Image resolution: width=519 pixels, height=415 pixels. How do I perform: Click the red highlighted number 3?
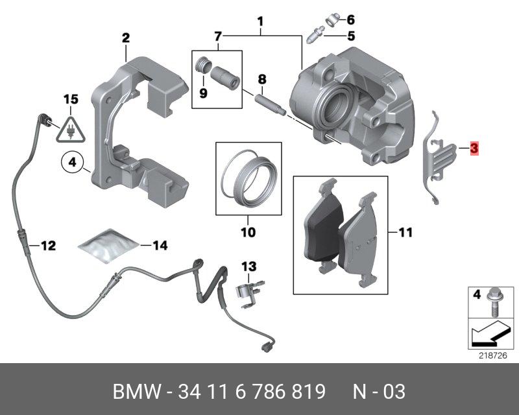(474, 149)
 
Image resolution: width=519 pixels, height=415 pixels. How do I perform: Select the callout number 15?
(70, 99)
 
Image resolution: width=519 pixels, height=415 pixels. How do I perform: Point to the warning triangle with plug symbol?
(69, 130)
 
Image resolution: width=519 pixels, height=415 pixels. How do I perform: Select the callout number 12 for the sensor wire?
(49, 246)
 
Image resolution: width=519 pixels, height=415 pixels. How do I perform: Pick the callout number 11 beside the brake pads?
(405, 231)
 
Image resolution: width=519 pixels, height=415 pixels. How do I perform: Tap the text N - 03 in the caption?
(379, 392)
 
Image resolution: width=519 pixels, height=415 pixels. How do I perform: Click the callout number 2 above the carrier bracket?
(126, 38)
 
